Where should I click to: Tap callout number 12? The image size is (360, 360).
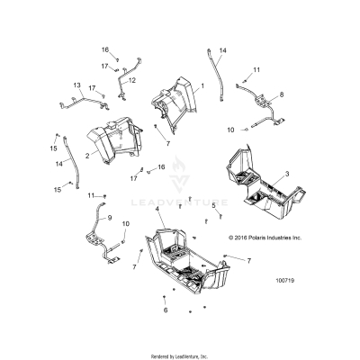132,80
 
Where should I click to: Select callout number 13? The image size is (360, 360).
76,85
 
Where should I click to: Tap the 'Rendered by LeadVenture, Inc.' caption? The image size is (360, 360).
180,354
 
